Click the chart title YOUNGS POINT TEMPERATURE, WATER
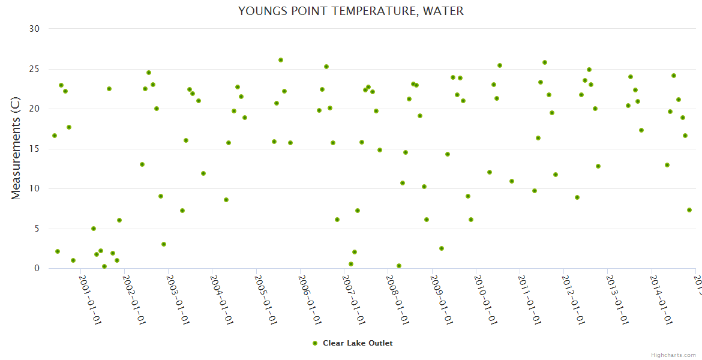click(x=350, y=11)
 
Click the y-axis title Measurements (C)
click(x=16, y=149)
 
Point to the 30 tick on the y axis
click(x=34, y=29)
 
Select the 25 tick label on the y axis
click(x=35, y=69)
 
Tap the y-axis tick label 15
click(x=35, y=149)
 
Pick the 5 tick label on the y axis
click(x=37, y=229)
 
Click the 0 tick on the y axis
click(x=37, y=269)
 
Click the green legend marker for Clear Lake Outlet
click(x=314, y=343)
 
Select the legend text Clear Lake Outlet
click(x=358, y=343)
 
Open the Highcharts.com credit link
click(x=673, y=355)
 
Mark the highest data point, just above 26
click(x=281, y=60)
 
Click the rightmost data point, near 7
click(x=689, y=210)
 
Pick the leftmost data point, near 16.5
click(x=55, y=136)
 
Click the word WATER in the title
click(x=444, y=11)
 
